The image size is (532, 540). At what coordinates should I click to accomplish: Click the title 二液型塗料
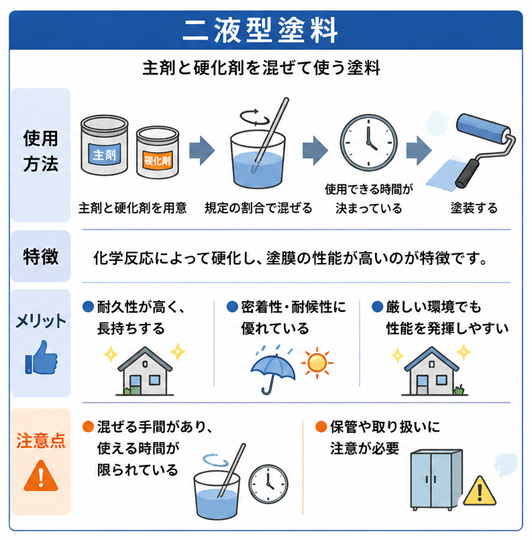point(265,27)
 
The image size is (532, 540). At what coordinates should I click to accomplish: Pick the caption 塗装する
point(472,208)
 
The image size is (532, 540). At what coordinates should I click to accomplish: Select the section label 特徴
point(40,257)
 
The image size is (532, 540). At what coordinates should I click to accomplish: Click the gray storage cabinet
point(433,477)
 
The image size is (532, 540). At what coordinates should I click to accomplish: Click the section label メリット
point(39,322)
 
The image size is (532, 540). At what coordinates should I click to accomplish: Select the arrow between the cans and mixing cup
point(203,150)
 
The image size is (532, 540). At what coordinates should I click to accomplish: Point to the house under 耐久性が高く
point(145,372)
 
